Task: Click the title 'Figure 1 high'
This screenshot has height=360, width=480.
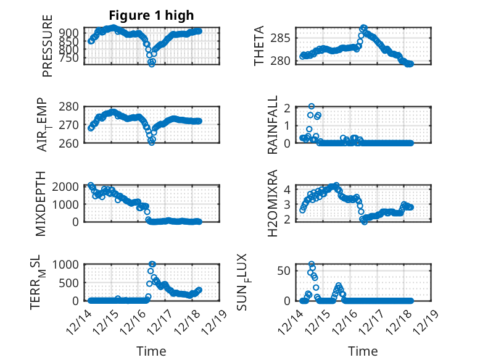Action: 151,15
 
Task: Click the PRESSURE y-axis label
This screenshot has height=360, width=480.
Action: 48,47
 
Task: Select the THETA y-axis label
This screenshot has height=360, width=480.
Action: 259,46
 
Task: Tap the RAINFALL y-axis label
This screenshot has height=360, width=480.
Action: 272,125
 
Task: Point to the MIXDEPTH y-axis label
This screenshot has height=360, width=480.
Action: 41,203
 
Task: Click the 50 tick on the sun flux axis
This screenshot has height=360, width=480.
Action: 283,270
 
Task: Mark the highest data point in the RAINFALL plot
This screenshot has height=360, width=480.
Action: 312,107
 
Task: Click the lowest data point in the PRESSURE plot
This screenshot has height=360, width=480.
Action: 152,64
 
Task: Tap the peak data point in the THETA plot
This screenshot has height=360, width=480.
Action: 364,28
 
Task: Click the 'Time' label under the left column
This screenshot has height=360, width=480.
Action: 151,351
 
